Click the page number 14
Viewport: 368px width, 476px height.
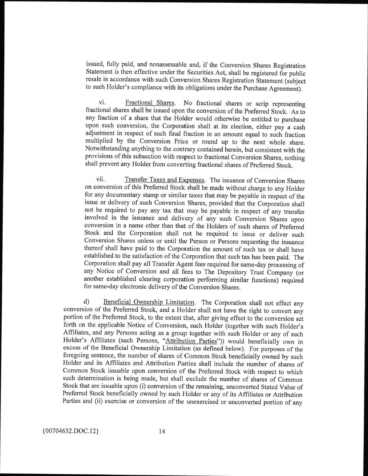pos(162,431)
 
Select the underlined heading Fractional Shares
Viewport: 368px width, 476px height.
pos(150,103)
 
